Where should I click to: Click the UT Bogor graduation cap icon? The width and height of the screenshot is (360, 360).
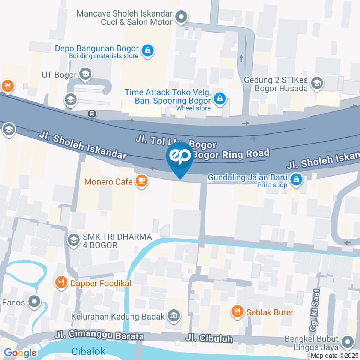86,74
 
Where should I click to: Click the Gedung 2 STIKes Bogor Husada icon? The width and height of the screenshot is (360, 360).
317,83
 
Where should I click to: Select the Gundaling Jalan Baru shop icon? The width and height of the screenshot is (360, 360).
297,179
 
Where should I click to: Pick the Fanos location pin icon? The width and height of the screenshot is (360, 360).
35,301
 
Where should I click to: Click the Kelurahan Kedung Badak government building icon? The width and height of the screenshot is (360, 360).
174,315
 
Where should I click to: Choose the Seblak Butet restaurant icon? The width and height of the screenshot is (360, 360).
237,311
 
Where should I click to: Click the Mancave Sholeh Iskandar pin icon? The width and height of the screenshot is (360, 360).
181,17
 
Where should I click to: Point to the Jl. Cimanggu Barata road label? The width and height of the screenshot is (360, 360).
99,335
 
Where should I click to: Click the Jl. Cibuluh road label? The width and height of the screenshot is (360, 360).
209,339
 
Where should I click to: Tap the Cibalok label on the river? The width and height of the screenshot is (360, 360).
88,351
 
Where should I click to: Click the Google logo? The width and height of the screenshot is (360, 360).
20,353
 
